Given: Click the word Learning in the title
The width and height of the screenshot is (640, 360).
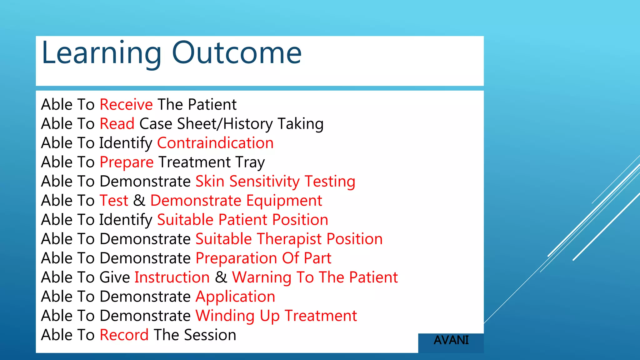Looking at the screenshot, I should pyautogui.click(x=101, y=53).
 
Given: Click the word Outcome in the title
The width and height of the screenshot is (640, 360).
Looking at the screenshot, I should pyautogui.click(x=237, y=53).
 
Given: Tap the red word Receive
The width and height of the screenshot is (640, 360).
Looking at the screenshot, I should pyautogui.click(x=126, y=104).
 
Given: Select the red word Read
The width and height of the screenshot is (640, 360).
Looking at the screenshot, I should pyautogui.click(x=117, y=124).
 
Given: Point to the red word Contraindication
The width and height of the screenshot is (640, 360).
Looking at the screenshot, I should pyautogui.click(x=215, y=143).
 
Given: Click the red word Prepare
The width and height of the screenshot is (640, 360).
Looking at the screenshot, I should pyautogui.click(x=127, y=162).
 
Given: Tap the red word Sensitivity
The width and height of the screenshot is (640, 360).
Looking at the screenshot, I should pyautogui.click(x=264, y=182).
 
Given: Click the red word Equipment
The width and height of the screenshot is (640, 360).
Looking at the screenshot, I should pyautogui.click(x=284, y=201).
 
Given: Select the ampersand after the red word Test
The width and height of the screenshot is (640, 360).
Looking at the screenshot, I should pyautogui.click(x=139, y=201).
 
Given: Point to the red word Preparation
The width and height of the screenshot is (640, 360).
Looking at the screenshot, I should pyautogui.click(x=236, y=259).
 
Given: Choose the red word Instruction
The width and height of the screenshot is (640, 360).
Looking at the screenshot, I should pyautogui.click(x=172, y=277).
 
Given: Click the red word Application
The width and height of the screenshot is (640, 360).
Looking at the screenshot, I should pyautogui.click(x=235, y=297).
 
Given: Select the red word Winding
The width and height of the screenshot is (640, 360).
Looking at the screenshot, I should pyautogui.click(x=225, y=316).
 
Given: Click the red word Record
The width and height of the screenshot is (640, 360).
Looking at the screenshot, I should pyautogui.click(x=124, y=335).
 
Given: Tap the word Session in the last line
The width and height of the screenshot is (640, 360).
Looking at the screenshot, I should pyautogui.click(x=210, y=335).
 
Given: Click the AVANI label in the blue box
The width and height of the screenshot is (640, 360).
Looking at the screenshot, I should pyautogui.click(x=451, y=340).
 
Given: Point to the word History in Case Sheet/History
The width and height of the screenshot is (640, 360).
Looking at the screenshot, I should pyautogui.click(x=248, y=124).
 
